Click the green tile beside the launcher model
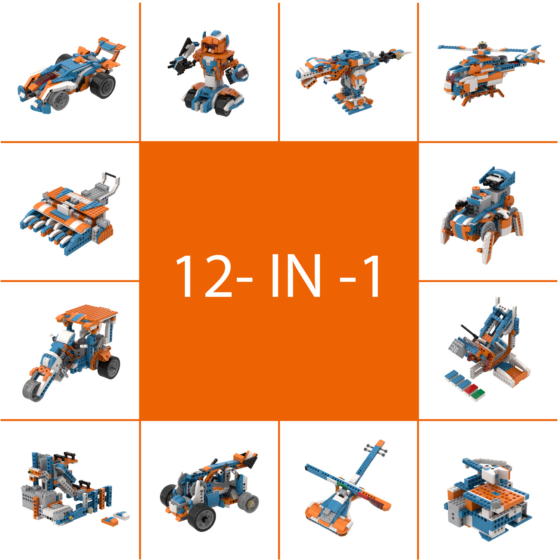tap(478, 394)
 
